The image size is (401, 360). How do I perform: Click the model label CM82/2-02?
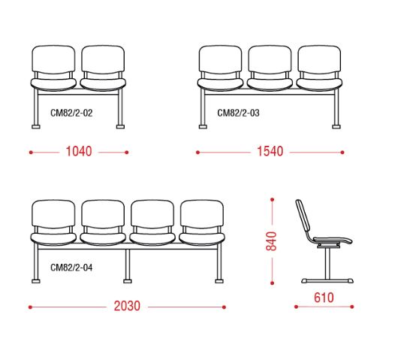tap(71, 113)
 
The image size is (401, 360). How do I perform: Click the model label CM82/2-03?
tap(238, 113)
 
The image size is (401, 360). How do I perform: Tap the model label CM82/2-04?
tap(71, 268)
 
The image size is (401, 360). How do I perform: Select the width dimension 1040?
tap(79, 151)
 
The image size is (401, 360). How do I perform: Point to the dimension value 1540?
tap(270, 151)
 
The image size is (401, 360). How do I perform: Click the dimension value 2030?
tap(127, 306)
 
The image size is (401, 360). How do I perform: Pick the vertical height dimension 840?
tap(271, 241)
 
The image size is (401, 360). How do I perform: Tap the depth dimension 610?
tap(324, 298)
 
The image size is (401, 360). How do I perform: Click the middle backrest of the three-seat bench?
tap(270, 59)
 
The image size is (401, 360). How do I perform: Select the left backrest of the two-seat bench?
tap(53, 59)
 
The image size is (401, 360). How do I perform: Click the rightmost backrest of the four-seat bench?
tap(202, 214)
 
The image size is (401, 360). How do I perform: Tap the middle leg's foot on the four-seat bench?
tap(128, 281)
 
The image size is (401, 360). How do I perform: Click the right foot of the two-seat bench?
tap(120, 126)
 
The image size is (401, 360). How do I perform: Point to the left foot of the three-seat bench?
tap(203, 126)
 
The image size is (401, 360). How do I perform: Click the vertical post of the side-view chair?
tap(327, 263)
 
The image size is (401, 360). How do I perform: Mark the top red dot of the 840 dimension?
tap(272, 200)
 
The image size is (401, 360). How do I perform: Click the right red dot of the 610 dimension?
tap(352, 307)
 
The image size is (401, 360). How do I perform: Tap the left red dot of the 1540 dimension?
tap(197, 153)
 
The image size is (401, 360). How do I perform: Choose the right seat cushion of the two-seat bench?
tap(103, 84)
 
